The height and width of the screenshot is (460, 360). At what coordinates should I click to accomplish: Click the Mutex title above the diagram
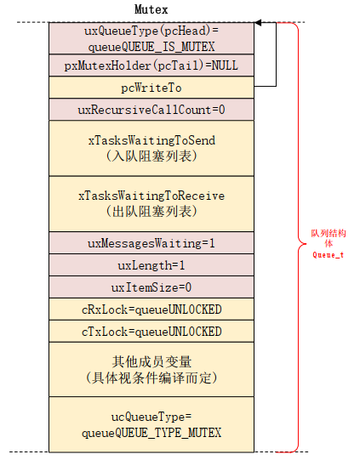151,9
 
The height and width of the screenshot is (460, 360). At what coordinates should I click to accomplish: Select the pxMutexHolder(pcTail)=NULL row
151,65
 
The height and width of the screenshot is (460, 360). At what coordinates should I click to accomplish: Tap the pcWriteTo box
151,88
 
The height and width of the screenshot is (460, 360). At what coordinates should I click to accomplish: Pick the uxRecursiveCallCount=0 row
151,110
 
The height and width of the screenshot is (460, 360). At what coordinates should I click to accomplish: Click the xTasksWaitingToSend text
151,140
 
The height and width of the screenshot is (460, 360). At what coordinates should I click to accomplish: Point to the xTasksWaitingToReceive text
151,196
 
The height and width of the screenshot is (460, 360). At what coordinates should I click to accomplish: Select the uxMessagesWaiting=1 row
151,242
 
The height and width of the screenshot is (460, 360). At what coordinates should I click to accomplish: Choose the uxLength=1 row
151,264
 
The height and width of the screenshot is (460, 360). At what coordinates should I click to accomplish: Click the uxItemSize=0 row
151,287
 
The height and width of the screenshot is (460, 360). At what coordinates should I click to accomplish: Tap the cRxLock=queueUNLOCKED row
151,309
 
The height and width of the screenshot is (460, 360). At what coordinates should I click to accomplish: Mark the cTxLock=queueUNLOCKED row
151,331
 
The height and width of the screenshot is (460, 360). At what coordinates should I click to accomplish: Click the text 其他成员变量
151,361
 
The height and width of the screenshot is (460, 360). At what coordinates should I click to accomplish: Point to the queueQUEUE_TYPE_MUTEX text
151,433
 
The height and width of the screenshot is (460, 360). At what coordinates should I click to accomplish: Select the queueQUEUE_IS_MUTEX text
151,45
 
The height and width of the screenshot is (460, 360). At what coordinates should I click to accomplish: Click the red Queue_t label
328,253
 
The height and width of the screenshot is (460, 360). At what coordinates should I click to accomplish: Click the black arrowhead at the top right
258,23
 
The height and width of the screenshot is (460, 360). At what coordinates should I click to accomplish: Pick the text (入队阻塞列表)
151,156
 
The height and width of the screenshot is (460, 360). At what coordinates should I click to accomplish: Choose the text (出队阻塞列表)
151,211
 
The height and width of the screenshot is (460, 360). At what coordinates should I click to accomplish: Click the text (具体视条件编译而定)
151,377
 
